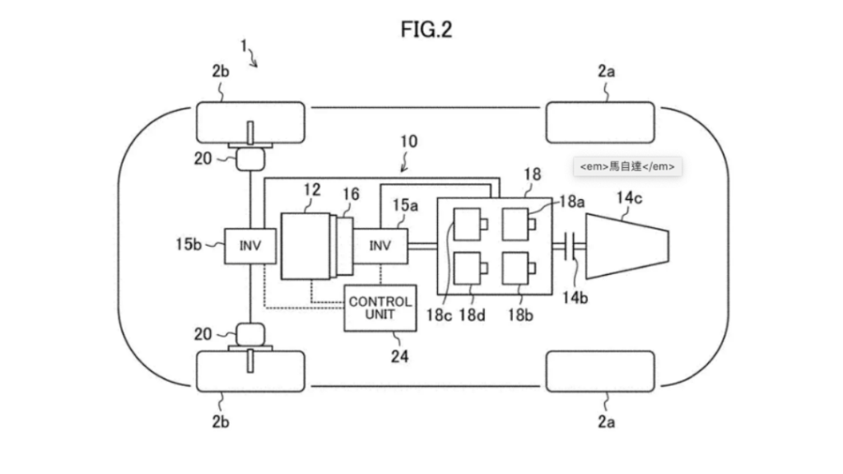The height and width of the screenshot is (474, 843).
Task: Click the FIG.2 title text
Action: pyautogui.click(x=426, y=29)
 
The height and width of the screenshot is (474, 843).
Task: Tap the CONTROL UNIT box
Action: pyautogui.click(x=380, y=308)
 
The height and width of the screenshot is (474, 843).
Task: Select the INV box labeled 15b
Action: pyautogui.click(x=250, y=246)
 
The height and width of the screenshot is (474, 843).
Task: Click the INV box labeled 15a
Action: pyautogui.click(x=380, y=246)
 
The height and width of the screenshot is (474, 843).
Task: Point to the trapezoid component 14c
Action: pyautogui.click(x=626, y=246)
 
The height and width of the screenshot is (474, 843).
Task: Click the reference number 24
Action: pyautogui.click(x=399, y=356)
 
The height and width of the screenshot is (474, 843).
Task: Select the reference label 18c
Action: pyautogui.click(x=439, y=315)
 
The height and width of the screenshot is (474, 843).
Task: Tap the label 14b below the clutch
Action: pyautogui.click(x=575, y=298)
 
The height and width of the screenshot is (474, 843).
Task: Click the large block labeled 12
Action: pyautogui.click(x=305, y=246)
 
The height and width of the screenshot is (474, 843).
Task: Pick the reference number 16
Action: pyautogui.click(x=351, y=194)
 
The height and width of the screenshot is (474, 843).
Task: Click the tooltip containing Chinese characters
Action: pyautogui.click(x=627, y=166)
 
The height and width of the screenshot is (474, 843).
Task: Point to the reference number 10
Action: pyautogui.click(x=408, y=142)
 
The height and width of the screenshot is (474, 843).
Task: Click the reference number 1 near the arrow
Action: pyautogui.click(x=244, y=46)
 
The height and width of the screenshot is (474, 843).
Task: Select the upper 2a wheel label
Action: pyautogui.click(x=607, y=71)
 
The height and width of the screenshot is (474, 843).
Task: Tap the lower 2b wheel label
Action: pyautogui.click(x=221, y=422)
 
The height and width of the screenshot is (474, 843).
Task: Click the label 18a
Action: pyautogui.click(x=572, y=202)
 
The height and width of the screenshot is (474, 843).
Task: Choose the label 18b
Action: pyautogui.click(x=520, y=315)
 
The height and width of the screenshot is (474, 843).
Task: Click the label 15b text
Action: pyautogui.click(x=189, y=244)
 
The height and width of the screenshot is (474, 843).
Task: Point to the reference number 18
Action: pyautogui.click(x=533, y=174)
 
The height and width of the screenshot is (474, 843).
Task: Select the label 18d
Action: pyautogui.click(x=472, y=315)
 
